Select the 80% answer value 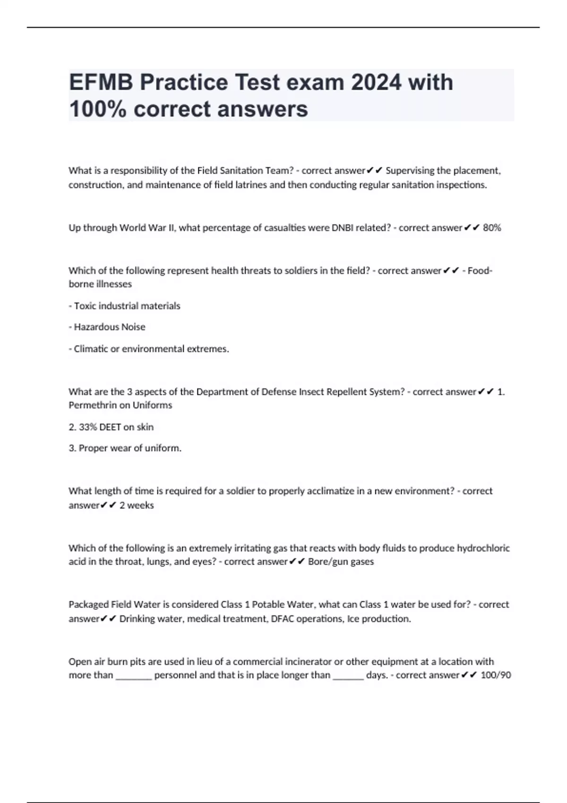click(492, 228)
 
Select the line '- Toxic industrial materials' click(125, 306)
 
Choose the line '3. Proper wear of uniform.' click(125, 448)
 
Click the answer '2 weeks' click(137, 505)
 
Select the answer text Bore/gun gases click(341, 562)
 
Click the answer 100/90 click(496, 675)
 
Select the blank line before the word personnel click(134, 676)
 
